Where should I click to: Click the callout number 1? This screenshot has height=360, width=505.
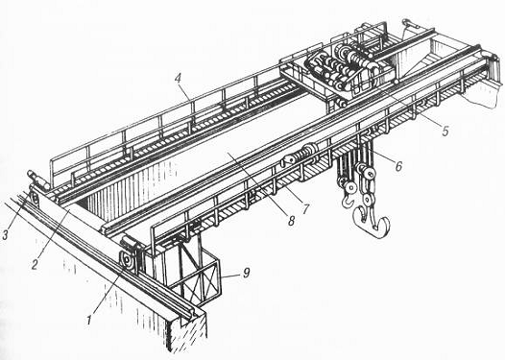(x=89, y=320)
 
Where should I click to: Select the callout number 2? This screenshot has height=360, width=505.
(x=36, y=264)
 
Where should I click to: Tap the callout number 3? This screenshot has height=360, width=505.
(x=5, y=235)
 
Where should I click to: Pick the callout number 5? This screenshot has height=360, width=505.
(x=445, y=131)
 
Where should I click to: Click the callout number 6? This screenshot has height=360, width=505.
(x=398, y=166)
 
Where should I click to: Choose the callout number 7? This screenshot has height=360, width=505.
(x=304, y=209)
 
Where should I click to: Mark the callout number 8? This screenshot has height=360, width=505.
(x=291, y=220)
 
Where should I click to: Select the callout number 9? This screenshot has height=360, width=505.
(x=246, y=273)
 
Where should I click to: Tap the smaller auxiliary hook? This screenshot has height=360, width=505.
(x=348, y=201)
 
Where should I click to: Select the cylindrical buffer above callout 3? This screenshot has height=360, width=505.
(x=38, y=180)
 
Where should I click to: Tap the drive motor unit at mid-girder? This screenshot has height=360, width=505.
(x=301, y=156)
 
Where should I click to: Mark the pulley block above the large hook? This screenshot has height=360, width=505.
(x=366, y=173)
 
